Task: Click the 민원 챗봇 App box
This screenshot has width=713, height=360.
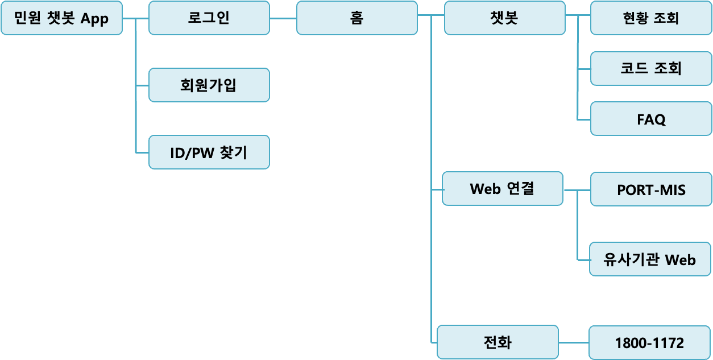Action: [61, 18]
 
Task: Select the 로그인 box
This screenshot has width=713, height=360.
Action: [209, 18]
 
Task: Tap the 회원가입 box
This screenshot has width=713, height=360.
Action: [209, 85]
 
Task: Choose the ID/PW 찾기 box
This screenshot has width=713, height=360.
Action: [209, 152]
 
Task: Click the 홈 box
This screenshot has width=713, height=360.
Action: [356, 18]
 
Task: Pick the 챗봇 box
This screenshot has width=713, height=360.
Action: [504, 18]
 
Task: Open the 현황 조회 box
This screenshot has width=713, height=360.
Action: [651, 18]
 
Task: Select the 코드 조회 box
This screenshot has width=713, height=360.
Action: [651, 68]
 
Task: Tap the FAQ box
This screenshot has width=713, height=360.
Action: [651, 119]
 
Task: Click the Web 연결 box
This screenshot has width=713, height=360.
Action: [503, 189]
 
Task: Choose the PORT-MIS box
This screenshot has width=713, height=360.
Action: [651, 189]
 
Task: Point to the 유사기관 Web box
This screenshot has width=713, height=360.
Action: [650, 259]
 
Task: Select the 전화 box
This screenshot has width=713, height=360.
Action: [498, 342]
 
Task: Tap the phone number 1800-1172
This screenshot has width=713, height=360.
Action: [649, 343]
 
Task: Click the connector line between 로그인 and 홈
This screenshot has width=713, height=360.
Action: [283, 18]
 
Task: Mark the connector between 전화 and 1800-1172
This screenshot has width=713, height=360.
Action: [573, 343]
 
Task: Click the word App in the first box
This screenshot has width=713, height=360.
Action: [94, 18]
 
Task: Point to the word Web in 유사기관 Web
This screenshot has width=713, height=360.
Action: [680, 260]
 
